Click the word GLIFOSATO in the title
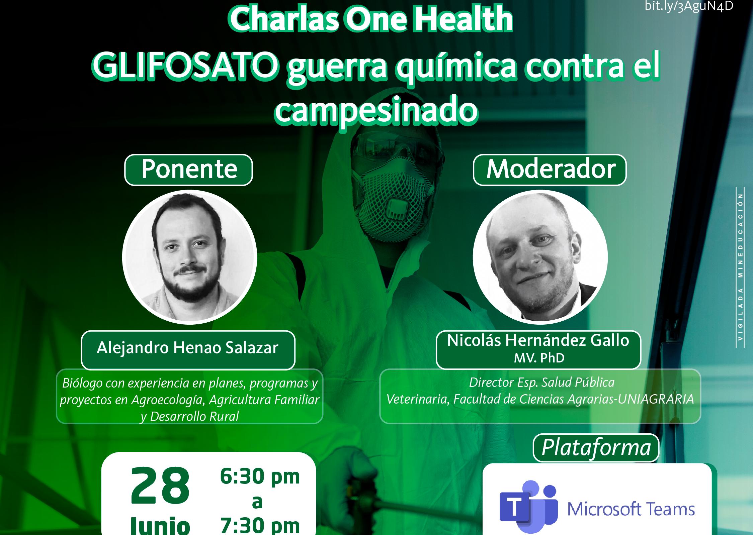(x=185, y=66)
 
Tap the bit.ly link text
(x=689, y=6)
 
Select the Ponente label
(x=189, y=170)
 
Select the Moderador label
(x=550, y=170)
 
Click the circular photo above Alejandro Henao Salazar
(x=190, y=257)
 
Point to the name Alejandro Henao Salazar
(x=188, y=348)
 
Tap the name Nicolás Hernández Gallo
(x=538, y=340)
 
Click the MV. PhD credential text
(x=539, y=358)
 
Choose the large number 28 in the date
(x=160, y=486)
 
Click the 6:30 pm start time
(x=260, y=476)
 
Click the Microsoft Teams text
(x=631, y=509)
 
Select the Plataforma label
(x=596, y=448)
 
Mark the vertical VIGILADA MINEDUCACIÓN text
(x=740, y=267)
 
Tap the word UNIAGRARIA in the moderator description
(x=656, y=399)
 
